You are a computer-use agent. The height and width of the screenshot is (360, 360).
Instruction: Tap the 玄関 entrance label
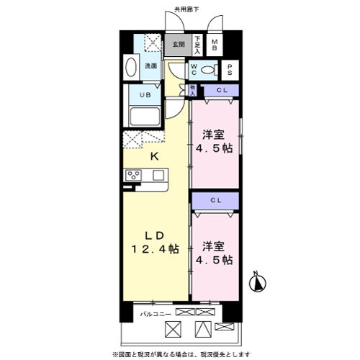[x=177, y=45]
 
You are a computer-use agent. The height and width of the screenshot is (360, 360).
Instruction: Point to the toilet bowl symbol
[x=210, y=70]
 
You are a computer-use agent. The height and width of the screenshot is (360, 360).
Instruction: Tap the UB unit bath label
[x=144, y=94]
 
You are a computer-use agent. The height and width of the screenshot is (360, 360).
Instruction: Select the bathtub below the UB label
[x=144, y=117]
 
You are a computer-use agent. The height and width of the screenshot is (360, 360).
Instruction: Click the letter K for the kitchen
[x=153, y=156]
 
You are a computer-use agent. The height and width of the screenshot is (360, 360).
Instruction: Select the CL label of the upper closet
[x=222, y=89]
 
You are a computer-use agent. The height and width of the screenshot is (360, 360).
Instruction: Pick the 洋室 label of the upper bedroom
[x=212, y=135]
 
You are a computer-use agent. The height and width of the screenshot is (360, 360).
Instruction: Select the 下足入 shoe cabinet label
[x=198, y=45]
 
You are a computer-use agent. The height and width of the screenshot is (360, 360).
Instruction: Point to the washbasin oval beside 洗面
[x=131, y=67]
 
